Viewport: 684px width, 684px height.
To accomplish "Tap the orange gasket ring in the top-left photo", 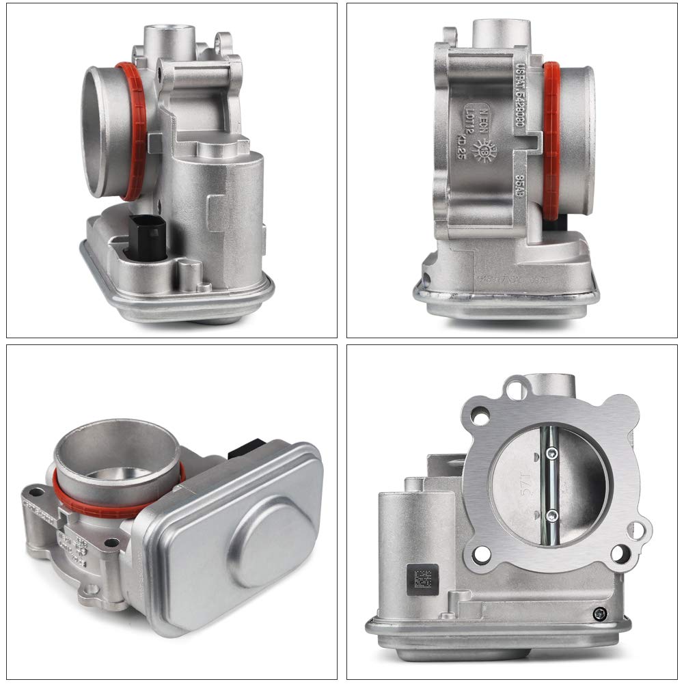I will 137,130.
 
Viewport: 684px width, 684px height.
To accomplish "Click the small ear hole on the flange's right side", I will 638,528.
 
